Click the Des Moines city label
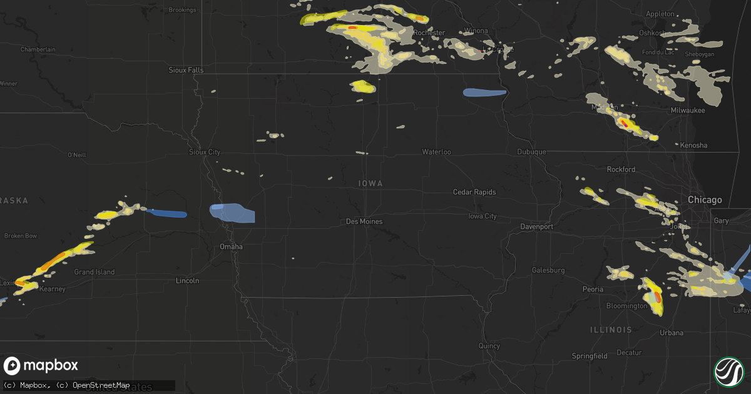[364, 221]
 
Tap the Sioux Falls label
[186, 70]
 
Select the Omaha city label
[231, 246]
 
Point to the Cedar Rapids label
[474, 192]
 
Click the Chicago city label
[704, 200]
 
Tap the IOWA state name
[370, 183]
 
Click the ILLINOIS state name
[610, 329]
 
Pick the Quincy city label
[489, 345]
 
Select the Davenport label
[537, 226]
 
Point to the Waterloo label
[436, 152]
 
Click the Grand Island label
[95, 272]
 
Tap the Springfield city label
[590, 356]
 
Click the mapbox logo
[41, 366]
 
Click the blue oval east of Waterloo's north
[484, 93]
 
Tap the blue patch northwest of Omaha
[233, 213]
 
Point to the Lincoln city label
[187, 281]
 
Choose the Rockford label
[621, 169]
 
